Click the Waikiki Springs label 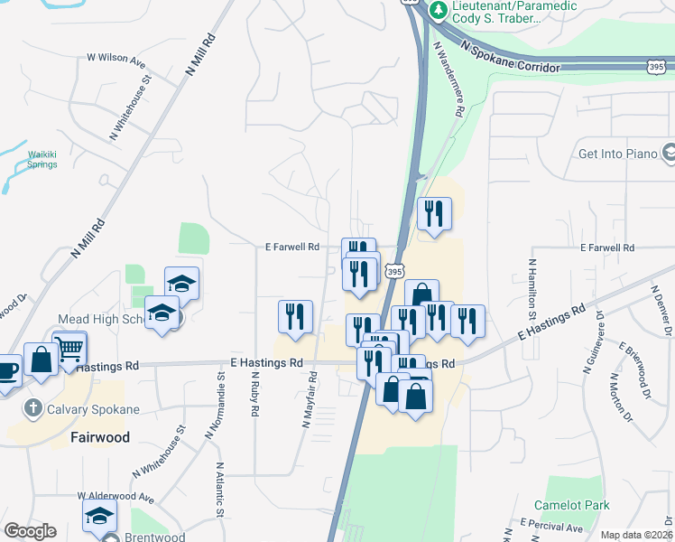42,159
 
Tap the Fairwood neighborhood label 100,437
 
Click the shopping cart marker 69,348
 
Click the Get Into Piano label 618,154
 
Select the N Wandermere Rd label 448,82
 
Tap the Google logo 30,531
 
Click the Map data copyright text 635,535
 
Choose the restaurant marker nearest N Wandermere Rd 434,213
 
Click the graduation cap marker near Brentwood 99,517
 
